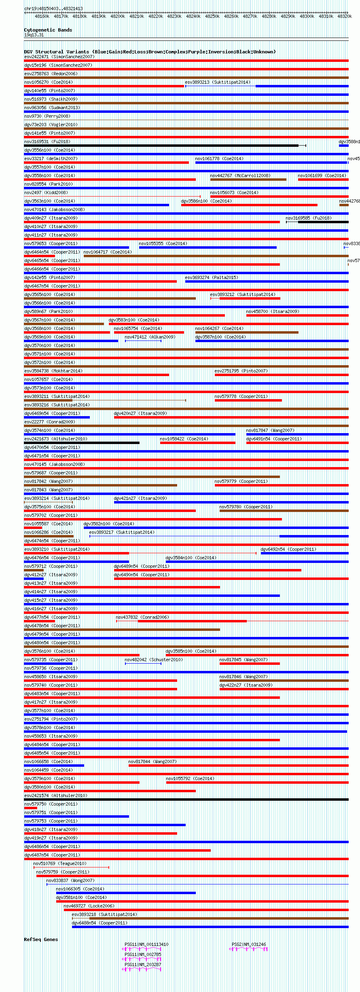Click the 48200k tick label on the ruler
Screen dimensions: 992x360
(118, 17)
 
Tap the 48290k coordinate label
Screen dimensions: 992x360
(288, 17)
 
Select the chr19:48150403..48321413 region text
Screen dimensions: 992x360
(53, 8)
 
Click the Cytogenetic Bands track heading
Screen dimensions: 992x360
(48, 30)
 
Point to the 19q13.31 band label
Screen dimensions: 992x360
(34, 35)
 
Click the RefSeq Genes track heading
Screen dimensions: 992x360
(41, 939)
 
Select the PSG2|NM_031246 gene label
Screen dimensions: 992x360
(249, 945)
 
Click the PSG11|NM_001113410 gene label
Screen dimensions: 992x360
(146, 945)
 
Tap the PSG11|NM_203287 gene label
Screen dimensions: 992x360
(143, 965)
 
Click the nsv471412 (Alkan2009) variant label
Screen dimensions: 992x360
(150, 337)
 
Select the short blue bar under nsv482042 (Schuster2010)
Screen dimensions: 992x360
(143, 664)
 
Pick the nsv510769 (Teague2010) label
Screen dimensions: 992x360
(59, 863)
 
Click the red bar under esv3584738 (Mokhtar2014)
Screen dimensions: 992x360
(96, 375)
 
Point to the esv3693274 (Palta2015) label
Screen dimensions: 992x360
(212, 278)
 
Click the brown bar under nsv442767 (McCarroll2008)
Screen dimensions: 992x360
(248, 180)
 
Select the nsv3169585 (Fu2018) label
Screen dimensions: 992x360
(308, 218)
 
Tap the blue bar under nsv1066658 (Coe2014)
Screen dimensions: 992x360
(54, 766)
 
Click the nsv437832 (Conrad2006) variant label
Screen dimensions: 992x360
(142, 618)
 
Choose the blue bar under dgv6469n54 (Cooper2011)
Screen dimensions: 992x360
(57, 417)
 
